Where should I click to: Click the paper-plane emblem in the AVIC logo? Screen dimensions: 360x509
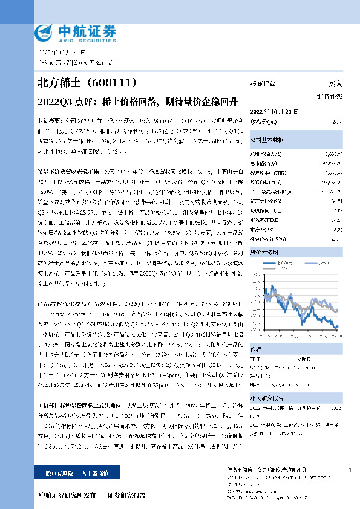[x=44, y=32]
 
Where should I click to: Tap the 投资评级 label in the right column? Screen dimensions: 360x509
[x=263, y=84]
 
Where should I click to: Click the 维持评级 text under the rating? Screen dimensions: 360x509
[x=330, y=97]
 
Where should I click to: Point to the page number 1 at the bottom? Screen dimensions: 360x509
[x=350, y=470]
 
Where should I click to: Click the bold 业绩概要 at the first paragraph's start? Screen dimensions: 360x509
[x=50, y=121]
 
